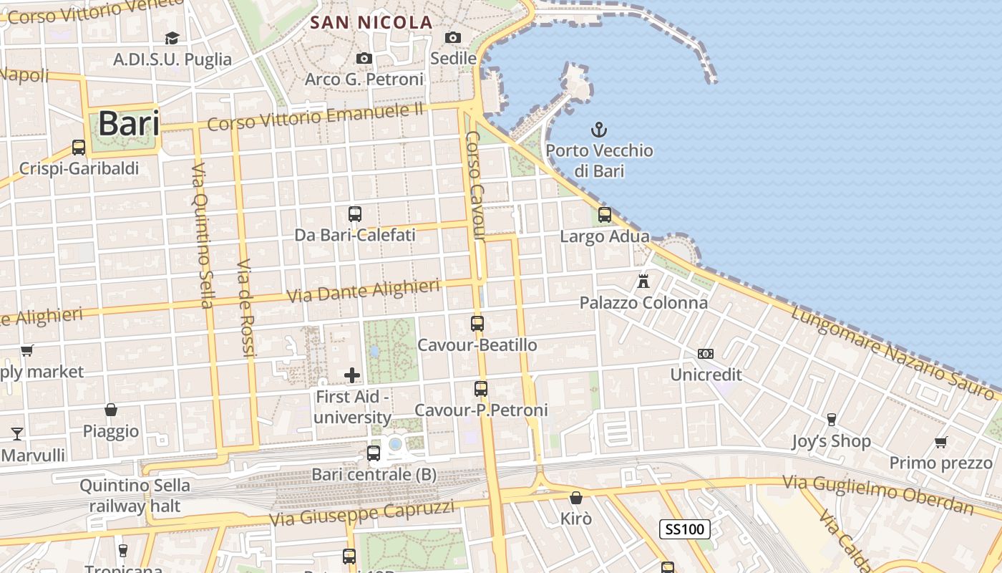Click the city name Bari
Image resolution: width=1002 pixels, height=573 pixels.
pos(129,123)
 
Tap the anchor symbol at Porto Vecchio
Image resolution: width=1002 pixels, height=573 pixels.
pos(598,130)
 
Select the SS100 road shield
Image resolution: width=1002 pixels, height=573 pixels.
pos(684,529)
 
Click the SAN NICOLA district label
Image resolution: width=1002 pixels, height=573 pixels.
pos(371,23)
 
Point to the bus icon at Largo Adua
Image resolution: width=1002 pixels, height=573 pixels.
pos(605,214)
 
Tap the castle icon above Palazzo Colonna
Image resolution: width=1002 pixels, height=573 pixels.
pos(643,281)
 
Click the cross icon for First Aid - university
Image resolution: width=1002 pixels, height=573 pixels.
pos(352,375)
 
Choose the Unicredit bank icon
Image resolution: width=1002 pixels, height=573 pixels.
pos(706,354)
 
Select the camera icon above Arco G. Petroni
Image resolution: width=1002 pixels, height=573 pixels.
pos(364,58)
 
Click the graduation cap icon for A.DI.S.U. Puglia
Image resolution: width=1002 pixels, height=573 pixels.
pos(172,38)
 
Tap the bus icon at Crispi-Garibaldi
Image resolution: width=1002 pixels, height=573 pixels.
pos(79,148)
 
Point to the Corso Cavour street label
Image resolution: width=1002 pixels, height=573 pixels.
pos(475,186)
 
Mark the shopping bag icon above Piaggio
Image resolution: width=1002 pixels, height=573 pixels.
pos(111,410)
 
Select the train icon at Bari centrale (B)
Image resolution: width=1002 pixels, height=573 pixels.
pos(374,453)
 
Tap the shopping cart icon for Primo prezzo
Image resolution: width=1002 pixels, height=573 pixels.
pos(941,442)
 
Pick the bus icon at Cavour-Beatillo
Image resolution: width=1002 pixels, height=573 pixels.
pos(477,323)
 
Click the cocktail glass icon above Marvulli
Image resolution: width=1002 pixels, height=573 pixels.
pos(16,433)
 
